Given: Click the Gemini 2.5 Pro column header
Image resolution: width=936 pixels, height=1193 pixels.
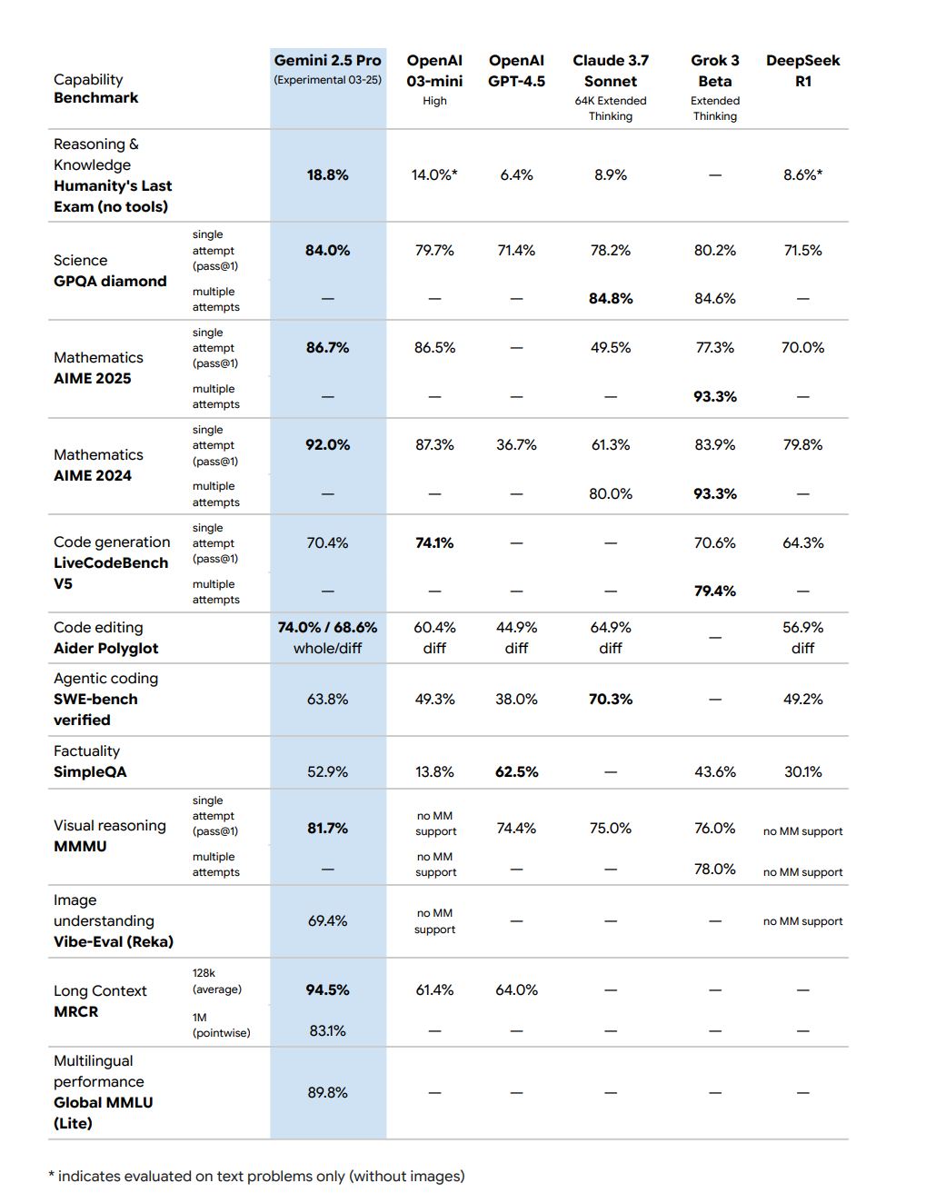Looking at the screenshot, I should (x=327, y=61).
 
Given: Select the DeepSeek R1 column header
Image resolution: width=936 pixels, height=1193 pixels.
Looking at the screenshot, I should (x=802, y=70).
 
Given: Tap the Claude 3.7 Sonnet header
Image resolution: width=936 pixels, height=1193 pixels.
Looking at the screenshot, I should (x=611, y=71).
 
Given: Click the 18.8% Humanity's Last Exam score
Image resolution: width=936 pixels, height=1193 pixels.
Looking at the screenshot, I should (x=327, y=174).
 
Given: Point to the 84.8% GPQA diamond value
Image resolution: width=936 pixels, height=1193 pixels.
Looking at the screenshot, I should (x=611, y=298).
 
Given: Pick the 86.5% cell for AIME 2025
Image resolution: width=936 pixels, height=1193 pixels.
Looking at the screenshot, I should (x=434, y=347).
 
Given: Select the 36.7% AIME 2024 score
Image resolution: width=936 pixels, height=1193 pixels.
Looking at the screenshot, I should (x=516, y=444).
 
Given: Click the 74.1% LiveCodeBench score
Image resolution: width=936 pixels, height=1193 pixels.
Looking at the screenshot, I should (x=434, y=542).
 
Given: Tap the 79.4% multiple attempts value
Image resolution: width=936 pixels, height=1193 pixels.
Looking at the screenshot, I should (x=715, y=591).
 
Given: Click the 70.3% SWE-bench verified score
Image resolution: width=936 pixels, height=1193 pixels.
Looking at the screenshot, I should (x=611, y=699).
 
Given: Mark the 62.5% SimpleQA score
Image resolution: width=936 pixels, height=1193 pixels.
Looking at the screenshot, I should (x=516, y=771).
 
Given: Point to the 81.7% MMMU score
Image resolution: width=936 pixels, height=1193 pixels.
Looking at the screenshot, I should (x=327, y=828).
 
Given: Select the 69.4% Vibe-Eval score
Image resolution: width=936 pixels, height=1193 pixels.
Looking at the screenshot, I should (x=327, y=920).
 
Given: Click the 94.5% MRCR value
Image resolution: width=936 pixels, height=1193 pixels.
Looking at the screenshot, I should (x=327, y=989).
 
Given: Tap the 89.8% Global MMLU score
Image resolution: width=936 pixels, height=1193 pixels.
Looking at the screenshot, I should (x=327, y=1092).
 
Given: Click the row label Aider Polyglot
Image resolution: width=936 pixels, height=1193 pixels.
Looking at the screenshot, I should (x=105, y=648).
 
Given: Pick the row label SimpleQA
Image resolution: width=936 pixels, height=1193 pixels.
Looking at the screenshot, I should (x=90, y=771).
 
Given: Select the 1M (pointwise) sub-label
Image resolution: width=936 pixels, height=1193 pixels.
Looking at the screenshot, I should (x=221, y=1025).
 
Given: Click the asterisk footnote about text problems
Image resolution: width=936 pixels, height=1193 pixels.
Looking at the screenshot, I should (x=257, y=1176).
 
